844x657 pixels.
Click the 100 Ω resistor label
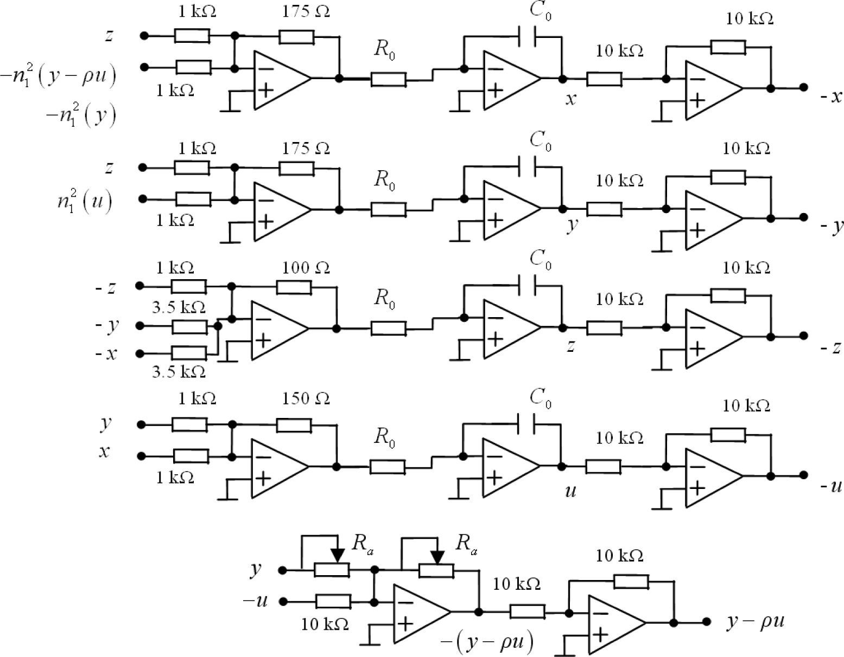click(306, 268)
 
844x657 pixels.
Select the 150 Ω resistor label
click(306, 398)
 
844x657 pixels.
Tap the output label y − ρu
click(756, 622)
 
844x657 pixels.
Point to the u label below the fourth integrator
click(570, 491)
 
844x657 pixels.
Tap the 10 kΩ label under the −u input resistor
click(325, 624)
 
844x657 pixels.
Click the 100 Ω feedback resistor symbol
click(294, 287)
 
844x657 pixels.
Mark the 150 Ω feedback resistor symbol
click(294, 425)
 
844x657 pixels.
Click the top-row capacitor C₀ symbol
click(527, 37)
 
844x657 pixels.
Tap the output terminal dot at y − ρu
click(706, 622)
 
